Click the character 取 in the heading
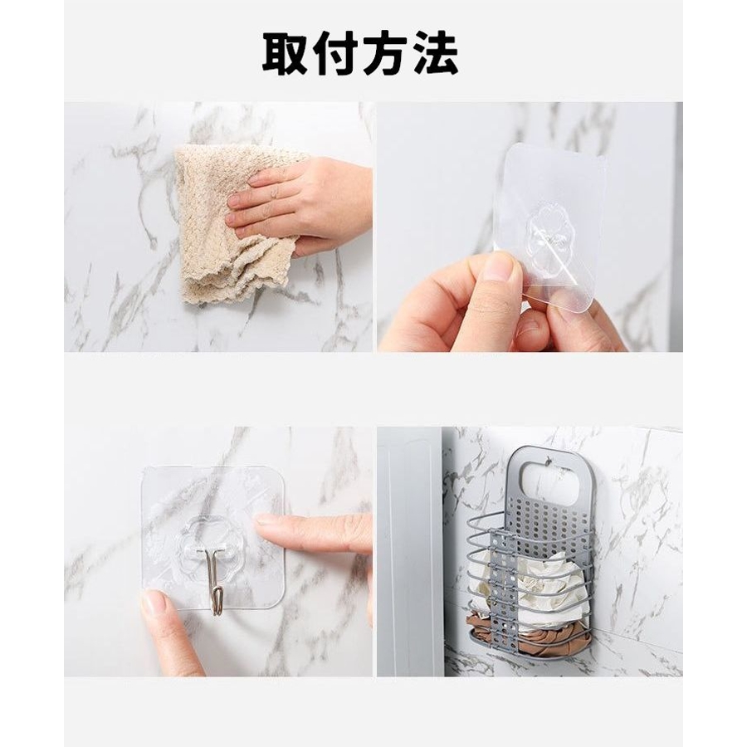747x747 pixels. click(286, 52)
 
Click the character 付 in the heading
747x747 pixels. click(335, 52)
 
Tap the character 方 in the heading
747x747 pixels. click(385, 52)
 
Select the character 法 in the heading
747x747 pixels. click(435, 52)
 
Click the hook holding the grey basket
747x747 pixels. click(549, 461)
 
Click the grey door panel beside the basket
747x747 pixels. click(410, 553)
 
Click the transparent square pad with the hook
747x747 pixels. click(213, 539)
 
